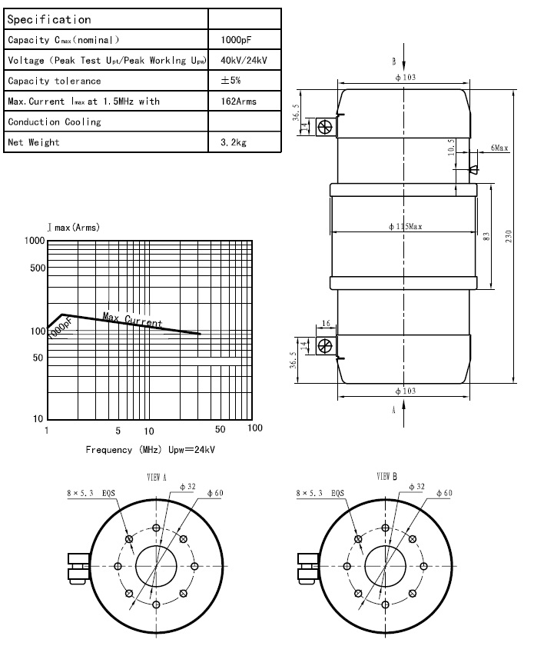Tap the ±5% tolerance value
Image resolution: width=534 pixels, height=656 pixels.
231,81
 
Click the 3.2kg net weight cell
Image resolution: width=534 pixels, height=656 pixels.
233,142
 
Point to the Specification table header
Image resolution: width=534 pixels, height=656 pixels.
49,19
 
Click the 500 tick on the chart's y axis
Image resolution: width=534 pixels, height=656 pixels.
34,268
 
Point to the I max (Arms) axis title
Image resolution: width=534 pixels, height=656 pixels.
73,228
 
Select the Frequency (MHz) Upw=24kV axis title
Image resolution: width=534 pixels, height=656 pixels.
151,450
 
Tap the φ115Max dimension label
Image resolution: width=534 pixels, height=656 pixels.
406,226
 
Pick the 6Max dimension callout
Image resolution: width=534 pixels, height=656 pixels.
499,147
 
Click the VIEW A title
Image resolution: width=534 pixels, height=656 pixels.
157,477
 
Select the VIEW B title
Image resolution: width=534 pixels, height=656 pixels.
386,477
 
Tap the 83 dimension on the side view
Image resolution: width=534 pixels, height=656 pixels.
486,236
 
